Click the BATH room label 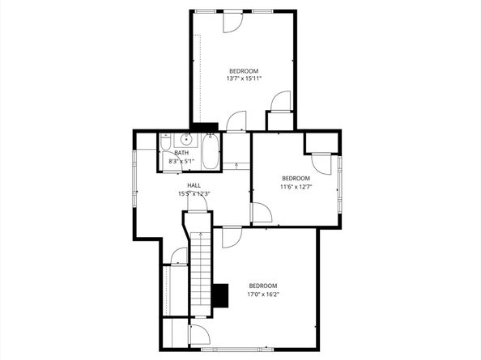point(181,153)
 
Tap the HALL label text point(194,185)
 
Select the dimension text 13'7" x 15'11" point(243,78)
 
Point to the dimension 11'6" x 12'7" point(296,187)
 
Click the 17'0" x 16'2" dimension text point(263,294)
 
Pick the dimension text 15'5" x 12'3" point(194,193)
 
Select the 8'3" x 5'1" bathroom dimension point(181,162)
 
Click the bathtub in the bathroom point(210,153)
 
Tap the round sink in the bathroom point(185,139)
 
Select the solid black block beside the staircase point(219,294)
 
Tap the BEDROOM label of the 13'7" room point(243,70)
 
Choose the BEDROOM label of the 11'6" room point(296,178)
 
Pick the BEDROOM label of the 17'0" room point(263,286)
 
